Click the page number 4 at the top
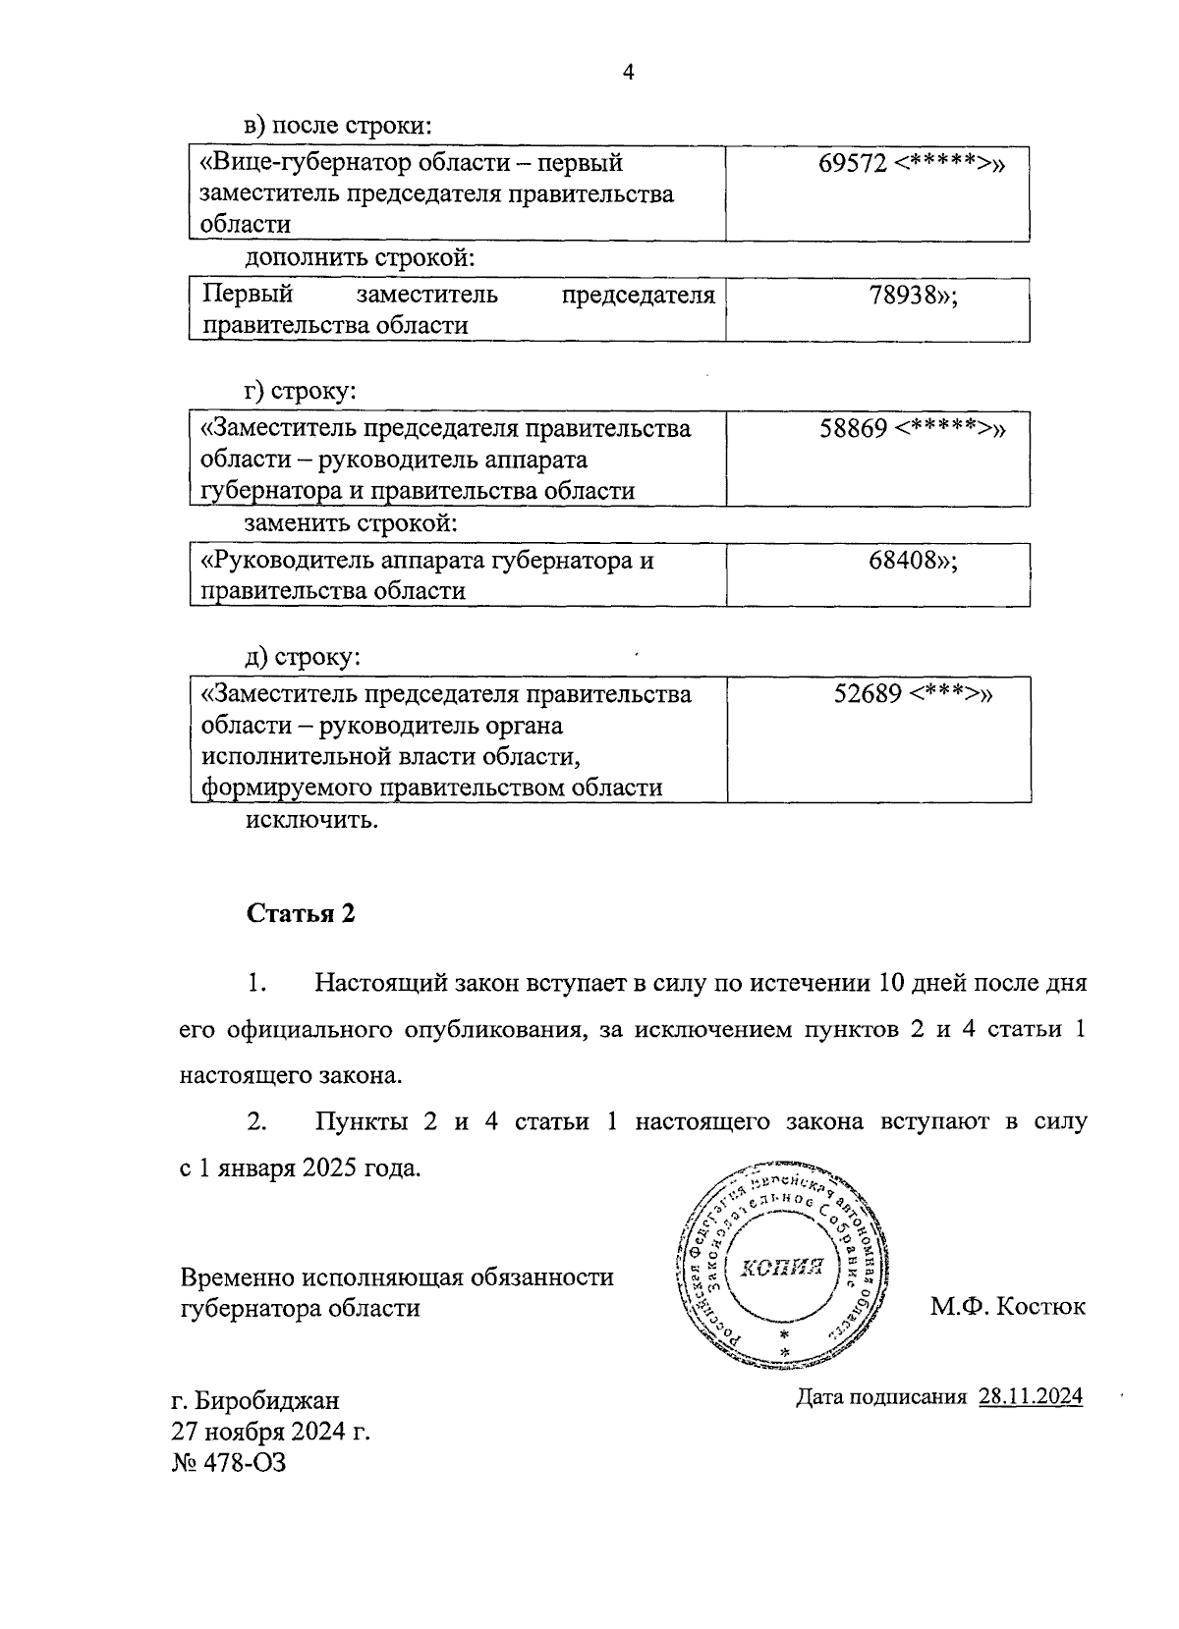629,73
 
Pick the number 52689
868,694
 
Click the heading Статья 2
300,914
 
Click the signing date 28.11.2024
1030,1396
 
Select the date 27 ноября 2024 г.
270,1432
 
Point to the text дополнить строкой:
360,259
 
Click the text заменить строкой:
351,523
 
